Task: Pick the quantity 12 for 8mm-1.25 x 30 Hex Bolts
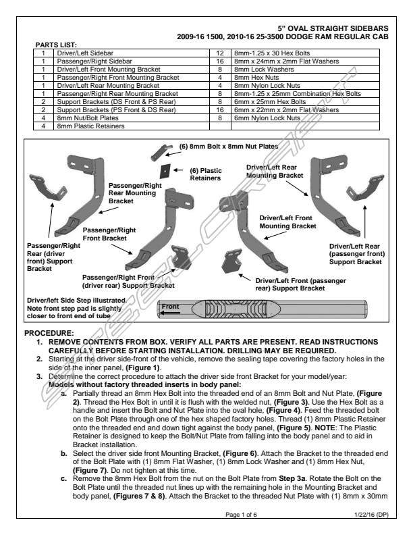click(x=219, y=52)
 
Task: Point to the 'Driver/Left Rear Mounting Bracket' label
click(x=271, y=170)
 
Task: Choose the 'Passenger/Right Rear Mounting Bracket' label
click(x=134, y=192)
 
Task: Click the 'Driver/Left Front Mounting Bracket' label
click(x=287, y=222)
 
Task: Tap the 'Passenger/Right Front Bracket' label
click(x=109, y=234)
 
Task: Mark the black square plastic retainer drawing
click(x=173, y=172)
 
